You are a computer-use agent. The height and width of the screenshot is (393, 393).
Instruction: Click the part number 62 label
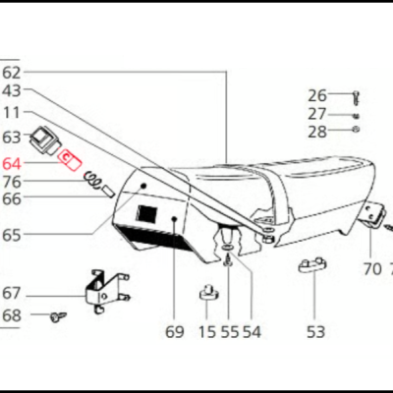click(x=11, y=72)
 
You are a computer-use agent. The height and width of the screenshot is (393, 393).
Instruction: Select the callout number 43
click(x=11, y=90)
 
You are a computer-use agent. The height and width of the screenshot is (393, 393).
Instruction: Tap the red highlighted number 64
click(x=11, y=162)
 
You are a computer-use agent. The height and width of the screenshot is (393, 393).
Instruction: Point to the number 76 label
click(x=11, y=181)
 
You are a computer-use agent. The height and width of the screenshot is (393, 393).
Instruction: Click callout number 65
click(x=11, y=235)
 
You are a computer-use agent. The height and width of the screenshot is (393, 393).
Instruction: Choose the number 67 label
click(x=11, y=293)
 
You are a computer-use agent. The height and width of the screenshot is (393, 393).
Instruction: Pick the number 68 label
click(x=11, y=316)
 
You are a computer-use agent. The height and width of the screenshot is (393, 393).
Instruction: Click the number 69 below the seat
click(x=174, y=332)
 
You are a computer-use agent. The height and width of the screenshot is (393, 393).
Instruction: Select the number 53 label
click(x=314, y=332)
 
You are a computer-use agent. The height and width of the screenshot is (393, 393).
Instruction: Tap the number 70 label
click(x=371, y=266)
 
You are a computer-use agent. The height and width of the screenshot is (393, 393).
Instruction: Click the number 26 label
click(x=316, y=95)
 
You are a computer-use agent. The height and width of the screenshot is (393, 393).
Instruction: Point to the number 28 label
click(x=316, y=132)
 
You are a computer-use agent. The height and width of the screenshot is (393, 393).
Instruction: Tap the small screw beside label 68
click(x=58, y=316)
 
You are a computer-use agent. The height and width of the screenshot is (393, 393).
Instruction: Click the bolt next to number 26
click(x=354, y=96)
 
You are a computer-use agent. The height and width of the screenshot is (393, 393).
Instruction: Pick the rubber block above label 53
click(x=312, y=263)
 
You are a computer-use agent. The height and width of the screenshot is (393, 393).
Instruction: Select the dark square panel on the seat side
click(x=148, y=214)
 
